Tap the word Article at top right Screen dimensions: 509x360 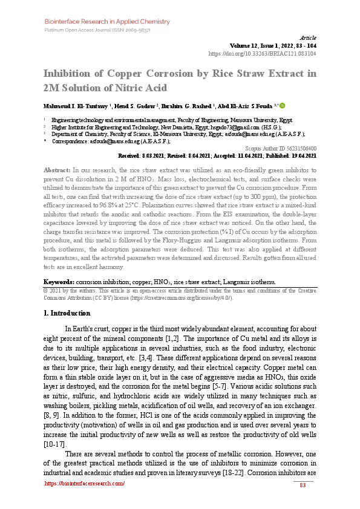pos(308,37)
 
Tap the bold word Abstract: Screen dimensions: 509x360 pos(57,171)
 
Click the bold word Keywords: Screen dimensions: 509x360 pos(59,282)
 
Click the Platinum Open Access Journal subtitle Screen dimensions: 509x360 pos(97,30)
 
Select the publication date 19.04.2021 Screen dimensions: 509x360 pos(303,155)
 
